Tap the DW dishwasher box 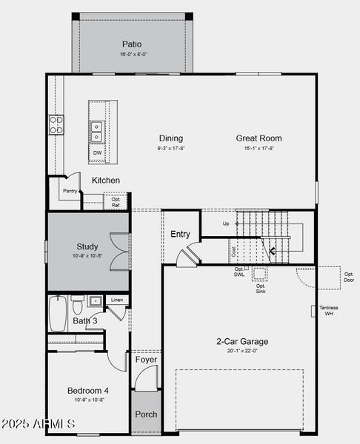point(97,153)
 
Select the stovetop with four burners point(56,125)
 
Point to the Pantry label point(70,191)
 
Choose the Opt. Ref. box point(116,201)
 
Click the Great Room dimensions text point(259,148)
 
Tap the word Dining point(170,138)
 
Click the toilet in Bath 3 point(78,304)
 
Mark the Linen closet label point(116,300)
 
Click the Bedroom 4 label point(88,390)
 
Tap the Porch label point(146,414)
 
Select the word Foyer point(146,360)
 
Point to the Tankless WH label point(329,310)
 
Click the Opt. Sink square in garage point(260,274)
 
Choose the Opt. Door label point(349,277)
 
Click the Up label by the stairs point(226,223)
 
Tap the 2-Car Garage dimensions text point(242,351)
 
